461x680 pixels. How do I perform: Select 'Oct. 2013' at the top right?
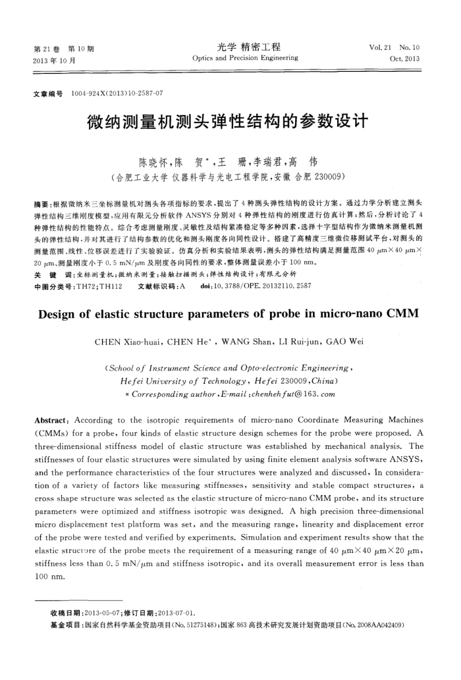click(404, 59)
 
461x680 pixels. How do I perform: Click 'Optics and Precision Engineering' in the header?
click(245, 58)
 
